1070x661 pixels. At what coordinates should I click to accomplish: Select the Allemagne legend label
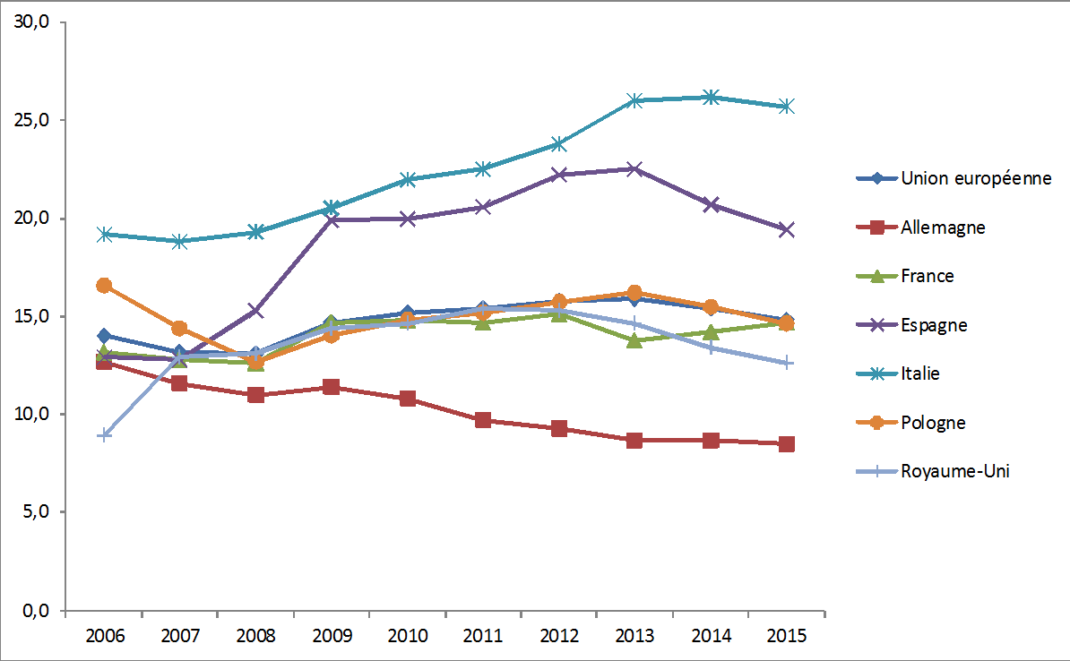(943, 227)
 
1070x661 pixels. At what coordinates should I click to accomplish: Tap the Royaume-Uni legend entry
(954, 471)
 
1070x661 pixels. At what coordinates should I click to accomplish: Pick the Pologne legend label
(933, 423)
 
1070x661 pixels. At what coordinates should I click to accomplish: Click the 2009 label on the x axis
(331, 636)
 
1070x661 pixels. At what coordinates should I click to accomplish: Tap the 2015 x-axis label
(786, 636)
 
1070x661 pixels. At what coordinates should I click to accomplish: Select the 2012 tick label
(558, 636)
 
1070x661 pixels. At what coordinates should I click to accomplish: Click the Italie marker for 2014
(711, 97)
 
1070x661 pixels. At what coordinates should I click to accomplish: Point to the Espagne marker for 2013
(634, 168)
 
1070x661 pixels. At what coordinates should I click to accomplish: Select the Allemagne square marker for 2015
(786, 444)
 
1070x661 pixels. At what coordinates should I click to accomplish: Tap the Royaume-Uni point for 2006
(104, 435)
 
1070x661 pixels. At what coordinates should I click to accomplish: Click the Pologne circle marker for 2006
(104, 286)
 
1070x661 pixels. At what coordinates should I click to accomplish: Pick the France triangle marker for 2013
(634, 340)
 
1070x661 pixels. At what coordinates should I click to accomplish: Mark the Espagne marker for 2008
(255, 311)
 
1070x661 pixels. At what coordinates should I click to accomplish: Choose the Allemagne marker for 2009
(331, 387)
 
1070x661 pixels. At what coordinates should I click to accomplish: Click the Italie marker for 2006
(104, 235)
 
